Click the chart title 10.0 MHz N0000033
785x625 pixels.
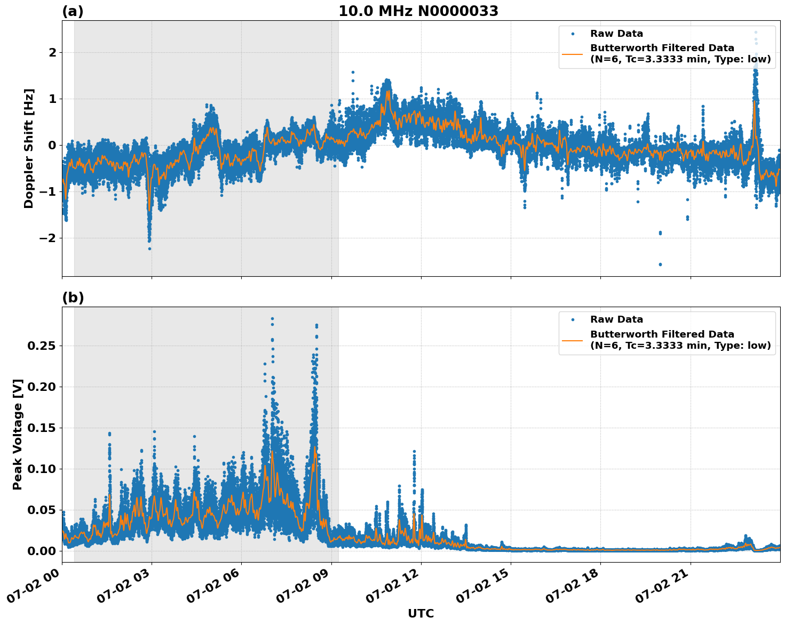point(418,11)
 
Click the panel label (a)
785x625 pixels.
point(73,11)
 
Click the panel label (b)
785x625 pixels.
point(73,298)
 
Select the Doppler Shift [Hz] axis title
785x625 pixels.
point(29,148)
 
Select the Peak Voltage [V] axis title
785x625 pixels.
point(18,434)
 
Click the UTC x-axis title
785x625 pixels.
point(421,613)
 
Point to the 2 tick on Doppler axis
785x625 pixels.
point(52,52)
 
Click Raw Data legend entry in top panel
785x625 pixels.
point(616,34)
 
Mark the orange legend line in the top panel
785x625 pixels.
point(572,54)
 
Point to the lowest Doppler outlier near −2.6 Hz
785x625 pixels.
point(660,265)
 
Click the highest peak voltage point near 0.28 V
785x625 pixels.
point(272,319)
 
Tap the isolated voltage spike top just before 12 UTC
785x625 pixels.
point(414,452)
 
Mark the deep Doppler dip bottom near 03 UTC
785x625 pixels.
point(149,248)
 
